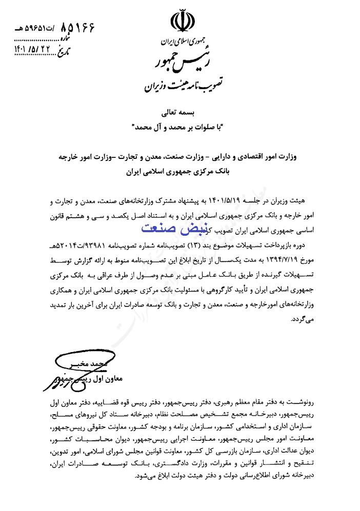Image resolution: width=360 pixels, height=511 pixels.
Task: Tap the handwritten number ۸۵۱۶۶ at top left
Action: point(77,27)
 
